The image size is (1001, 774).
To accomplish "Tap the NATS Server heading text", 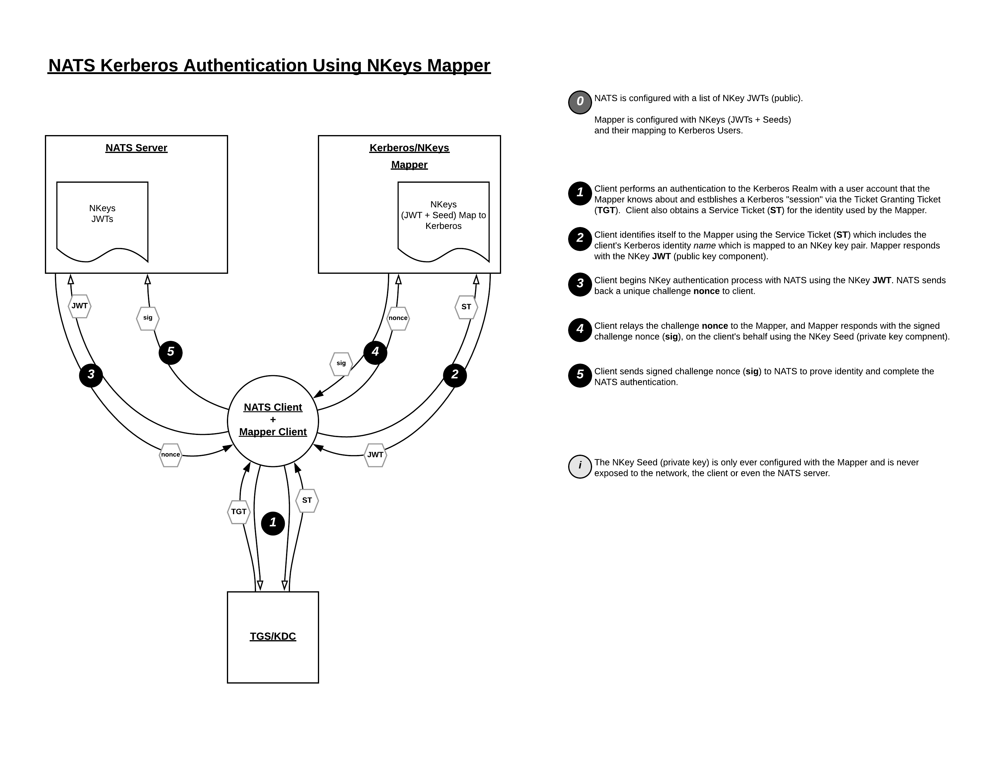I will coord(136,148).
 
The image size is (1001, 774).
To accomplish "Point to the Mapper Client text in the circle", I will coord(273,432).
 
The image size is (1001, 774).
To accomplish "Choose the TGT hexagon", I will coord(239,512).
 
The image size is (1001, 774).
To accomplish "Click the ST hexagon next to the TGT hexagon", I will coord(307,500).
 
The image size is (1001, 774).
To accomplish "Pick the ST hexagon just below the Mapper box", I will coord(466,307).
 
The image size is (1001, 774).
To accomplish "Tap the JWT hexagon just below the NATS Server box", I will coord(80,306).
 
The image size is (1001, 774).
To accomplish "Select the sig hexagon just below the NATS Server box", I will coord(148,318).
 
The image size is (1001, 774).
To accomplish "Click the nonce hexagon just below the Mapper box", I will coord(398,318).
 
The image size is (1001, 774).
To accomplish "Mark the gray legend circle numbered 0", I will coord(580,102).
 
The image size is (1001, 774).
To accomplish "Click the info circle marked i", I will coord(580,466).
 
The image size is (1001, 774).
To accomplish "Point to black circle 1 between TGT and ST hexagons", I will coord(273,523).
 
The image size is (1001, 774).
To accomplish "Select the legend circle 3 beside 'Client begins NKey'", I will coord(580,284).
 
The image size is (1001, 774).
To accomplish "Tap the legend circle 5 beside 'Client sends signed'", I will coord(580,375).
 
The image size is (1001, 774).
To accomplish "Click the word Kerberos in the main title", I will coord(139,66).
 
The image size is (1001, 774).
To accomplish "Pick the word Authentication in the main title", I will coord(245,66).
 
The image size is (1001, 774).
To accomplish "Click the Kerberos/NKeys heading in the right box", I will coord(409,148).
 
